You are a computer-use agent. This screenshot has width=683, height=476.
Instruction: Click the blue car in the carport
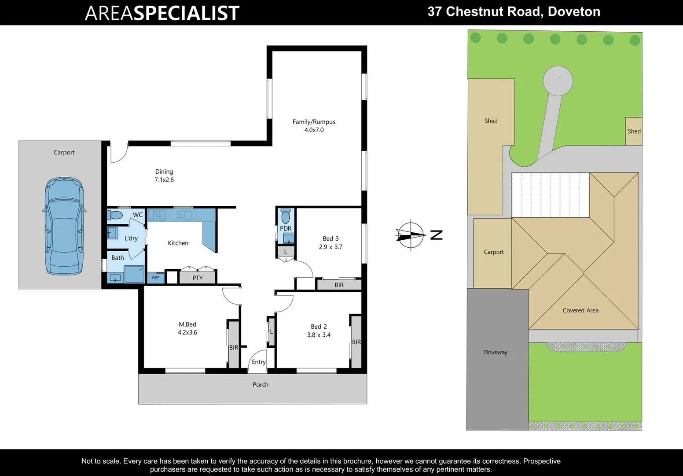pyautogui.click(x=64, y=226)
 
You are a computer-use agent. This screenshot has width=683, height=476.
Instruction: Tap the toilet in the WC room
pyautogui.click(x=115, y=215)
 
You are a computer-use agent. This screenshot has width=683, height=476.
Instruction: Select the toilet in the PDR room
pyautogui.click(x=286, y=216)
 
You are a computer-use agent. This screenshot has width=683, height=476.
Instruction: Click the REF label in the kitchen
pyautogui.click(x=156, y=278)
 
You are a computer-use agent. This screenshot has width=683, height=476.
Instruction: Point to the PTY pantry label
pyautogui.click(x=198, y=278)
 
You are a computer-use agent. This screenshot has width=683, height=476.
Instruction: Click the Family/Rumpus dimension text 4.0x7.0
pyautogui.click(x=314, y=130)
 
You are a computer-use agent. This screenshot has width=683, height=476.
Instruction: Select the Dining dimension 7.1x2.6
pyautogui.click(x=164, y=180)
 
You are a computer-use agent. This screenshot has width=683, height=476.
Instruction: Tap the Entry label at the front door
pyautogui.click(x=259, y=362)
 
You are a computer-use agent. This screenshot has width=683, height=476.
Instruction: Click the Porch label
pyautogui.click(x=261, y=385)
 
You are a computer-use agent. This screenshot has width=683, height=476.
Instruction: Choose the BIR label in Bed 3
pyautogui.click(x=339, y=285)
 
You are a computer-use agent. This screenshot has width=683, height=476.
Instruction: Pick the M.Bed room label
pyautogui.click(x=187, y=324)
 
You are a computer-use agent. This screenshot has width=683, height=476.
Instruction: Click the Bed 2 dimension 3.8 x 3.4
pyautogui.click(x=319, y=335)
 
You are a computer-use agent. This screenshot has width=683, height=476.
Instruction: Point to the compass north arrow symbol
pyautogui.click(x=410, y=235)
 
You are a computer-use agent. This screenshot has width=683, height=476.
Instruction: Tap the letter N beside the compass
pyautogui.click(x=436, y=235)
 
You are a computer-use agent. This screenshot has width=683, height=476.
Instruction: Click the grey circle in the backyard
pyautogui.click(x=558, y=81)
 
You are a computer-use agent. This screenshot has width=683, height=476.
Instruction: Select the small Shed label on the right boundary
pyautogui.click(x=634, y=131)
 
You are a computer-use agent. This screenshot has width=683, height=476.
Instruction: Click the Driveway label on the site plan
pyautogui.click(x=496, y=352)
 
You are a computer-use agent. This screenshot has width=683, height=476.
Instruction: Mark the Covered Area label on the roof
pyautogui.click(x=580, y=310)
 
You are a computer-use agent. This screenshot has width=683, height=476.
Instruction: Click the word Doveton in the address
pyautogui.click(x=574, y=11)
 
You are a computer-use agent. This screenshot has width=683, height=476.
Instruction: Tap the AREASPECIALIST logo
pyautogui.click(x=162, y=13)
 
